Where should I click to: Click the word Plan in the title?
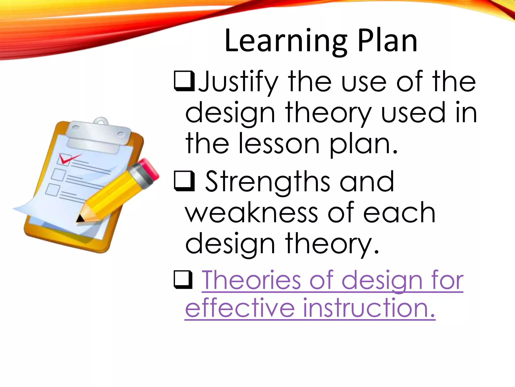click(x=387, y=41)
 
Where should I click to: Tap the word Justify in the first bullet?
click(x=238, y=82)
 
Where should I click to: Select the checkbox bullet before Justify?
click(x=184, y=81)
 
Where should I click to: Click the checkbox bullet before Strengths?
click(x=184, y=181)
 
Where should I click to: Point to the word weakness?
click(x=251, y=213)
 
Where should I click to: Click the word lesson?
click(x=279, y=144)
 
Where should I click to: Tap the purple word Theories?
click(x=251, y=280)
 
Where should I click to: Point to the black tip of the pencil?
click(x=80, y=219)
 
